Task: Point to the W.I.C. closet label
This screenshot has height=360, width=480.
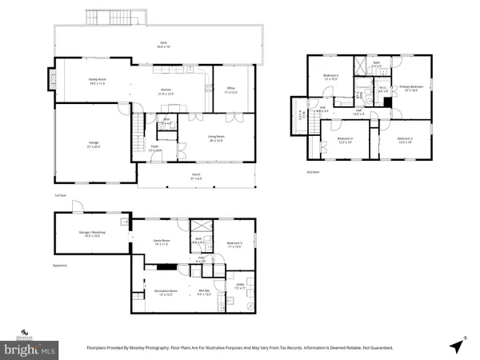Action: click(382, 90)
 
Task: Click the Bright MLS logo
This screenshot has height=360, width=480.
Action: click(30, 347)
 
